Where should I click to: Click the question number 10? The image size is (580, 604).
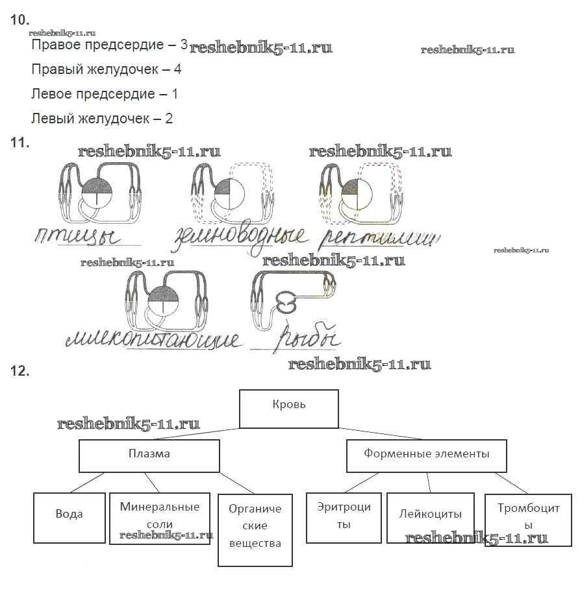pyautogui.click(x=20, y=20)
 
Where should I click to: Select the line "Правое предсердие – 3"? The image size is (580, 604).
pyautogui.click(x=109, y=45)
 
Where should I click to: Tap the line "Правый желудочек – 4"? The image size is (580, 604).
pyautogui.click(x=106, y=69)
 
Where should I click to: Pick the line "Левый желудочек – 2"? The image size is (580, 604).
pyautogui.click(x=102, y=119)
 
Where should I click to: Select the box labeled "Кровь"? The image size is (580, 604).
pyautogui.click(x=289, y=408)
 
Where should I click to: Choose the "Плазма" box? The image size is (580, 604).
pyautogui.click(x=149, y=455)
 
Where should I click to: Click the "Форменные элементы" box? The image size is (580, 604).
pyautogui.click(x=426, y=455)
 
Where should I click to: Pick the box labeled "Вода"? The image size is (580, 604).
pyautogui.click(x=69, y=517)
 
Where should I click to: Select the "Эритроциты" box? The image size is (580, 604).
pyautogui.click(x=344, y=517)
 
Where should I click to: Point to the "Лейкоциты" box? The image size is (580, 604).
pyautogui.click(x=431, y=517)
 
